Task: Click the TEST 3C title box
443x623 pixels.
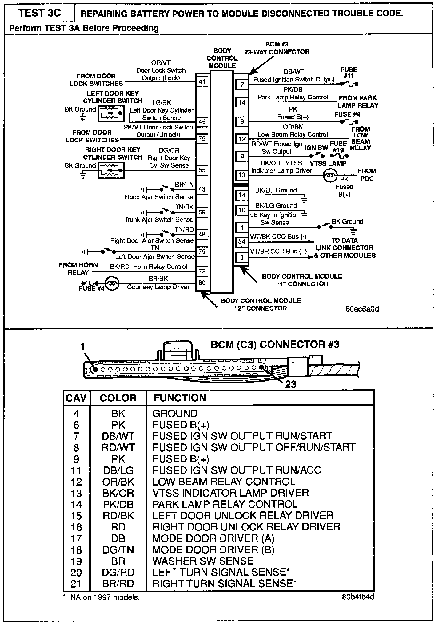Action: click(x=39, y=13)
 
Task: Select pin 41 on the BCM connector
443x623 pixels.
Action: click(x=202, y=82)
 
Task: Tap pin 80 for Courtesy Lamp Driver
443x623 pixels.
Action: click(x=202, y=283)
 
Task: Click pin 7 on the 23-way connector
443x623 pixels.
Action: click(x=242, y=84)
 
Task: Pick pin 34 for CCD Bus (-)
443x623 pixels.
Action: click(x=242, y=242)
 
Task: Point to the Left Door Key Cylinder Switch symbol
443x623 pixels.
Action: click(x=111, y=113)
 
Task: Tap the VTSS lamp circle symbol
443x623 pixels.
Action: click(x=330, y=176)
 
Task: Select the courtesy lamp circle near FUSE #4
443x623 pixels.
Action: click(x=112, y=284)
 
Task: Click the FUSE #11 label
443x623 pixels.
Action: click(x=349, y=73)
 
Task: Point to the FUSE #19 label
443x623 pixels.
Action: click(x=338, y=147)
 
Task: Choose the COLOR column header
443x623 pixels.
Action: click(x=118, y=398)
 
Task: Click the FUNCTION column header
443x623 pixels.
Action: click(x=180, y=398)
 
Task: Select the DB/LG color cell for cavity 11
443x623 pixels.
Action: click(x=118, y=470)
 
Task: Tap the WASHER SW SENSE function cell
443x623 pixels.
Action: click(x=203, y=561)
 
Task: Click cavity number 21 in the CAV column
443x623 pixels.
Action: click(x=76, y=584)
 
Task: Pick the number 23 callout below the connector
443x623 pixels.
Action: click(x=291, y=384)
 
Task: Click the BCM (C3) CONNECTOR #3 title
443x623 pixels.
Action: click(x=275, y=344)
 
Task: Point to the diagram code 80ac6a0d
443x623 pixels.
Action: click(x=362, y=309)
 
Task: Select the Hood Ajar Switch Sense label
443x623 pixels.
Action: click(x=159, y=197)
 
